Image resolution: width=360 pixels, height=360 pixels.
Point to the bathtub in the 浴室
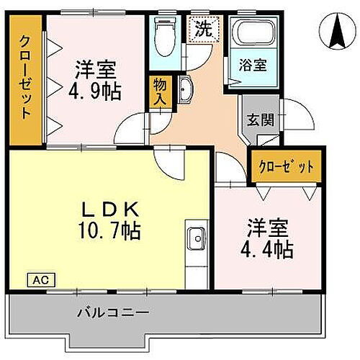click(x=252, y=34)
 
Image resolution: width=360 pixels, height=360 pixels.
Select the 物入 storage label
click(x=161, y=92)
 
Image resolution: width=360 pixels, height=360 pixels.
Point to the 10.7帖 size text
click(x=109, y=231)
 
